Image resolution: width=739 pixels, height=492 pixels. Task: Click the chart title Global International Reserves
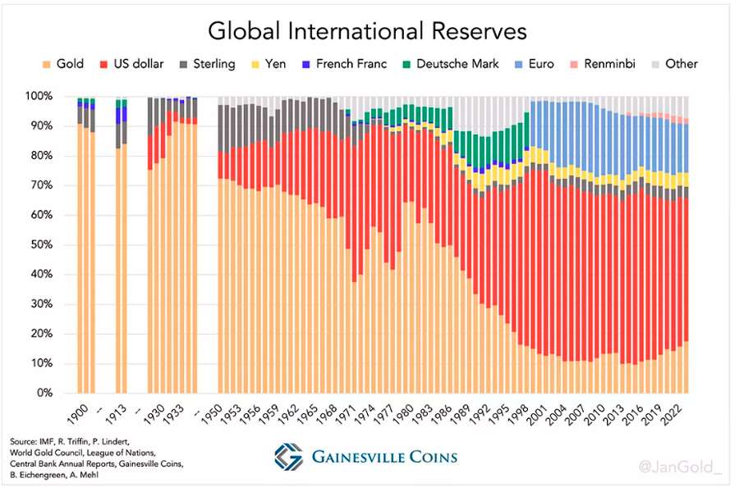tap(367, 32)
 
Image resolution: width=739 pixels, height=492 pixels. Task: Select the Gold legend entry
tap(63, 64)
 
